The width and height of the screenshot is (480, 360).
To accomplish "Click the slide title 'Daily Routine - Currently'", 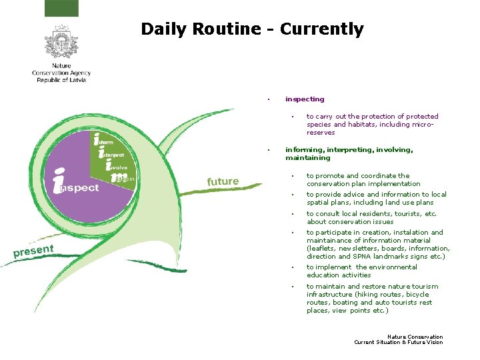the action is [x=252, y=29].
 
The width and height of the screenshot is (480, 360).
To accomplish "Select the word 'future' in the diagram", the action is [x=223, y=181].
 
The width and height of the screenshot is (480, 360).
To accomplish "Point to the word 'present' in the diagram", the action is [x=33, y=251].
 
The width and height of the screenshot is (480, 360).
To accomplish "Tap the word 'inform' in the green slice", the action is [x=105, y=142].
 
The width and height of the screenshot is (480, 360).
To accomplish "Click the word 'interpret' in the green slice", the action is [x=111, y=155].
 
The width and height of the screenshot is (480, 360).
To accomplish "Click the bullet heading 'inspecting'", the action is [x=305, y=99].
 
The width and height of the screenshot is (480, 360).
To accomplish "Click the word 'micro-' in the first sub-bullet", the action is [x=425, y=125].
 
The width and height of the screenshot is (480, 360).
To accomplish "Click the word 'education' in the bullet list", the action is [x=321, y=275].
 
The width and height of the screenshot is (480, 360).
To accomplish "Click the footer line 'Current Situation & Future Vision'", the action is [x=398, y=343].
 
